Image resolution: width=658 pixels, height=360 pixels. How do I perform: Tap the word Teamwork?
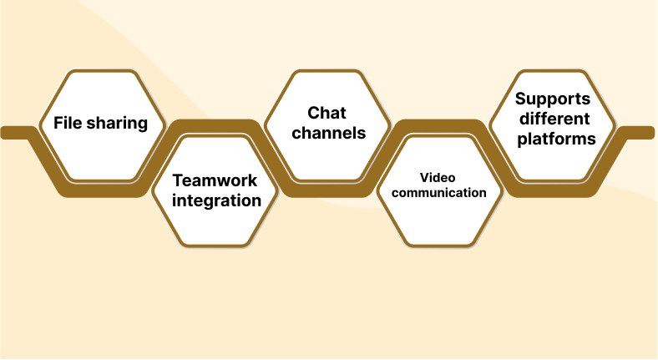pos(215,180)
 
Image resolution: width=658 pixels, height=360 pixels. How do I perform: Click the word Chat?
pos(326,113)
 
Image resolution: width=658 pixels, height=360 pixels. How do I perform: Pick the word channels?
pos(328,133)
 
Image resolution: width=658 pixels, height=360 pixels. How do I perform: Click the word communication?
pos(439,193)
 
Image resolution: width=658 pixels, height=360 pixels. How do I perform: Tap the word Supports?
pos(553,99)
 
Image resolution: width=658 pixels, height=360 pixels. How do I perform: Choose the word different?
pos(553,119)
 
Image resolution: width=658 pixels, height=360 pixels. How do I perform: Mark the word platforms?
pos(556,139)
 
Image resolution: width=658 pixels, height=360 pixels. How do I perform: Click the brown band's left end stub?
pos(13,132)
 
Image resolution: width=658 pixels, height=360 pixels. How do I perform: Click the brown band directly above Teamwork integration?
pos(215,126)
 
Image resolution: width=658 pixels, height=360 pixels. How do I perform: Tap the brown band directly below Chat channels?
pos(328,191)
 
